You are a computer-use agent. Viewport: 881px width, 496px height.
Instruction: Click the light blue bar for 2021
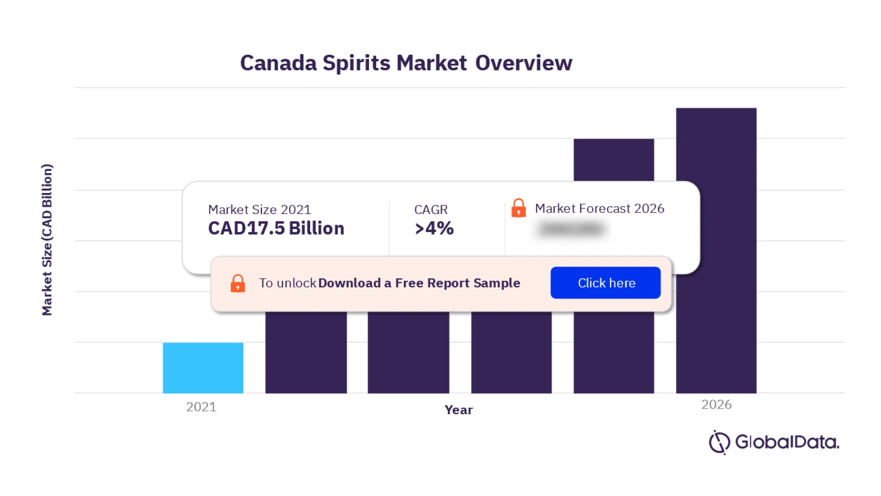pyautogui.click(x=203, y=367)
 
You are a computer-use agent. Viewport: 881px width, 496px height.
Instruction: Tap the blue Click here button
pyautogui.click(x=605, y=283)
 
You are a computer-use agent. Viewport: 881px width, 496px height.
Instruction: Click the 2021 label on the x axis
pyautogui.click(x=201, y=407)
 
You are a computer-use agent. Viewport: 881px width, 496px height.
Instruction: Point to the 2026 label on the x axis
pyautogui.click(x=716, y=405)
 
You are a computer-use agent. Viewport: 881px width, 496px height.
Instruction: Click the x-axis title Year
pyautogui.click(x=458, y=410)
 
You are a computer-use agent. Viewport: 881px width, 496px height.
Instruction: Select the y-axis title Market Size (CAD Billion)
pyautogui.click(x=47, y=240)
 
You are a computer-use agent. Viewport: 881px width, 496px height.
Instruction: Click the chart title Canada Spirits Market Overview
pyautogui.click(x=406, y=63)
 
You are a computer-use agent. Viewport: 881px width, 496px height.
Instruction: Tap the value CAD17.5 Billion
pyautogui.click(x=276, y=228)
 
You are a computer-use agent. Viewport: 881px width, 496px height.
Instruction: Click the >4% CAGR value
pyautogui.click(x=434, y=228)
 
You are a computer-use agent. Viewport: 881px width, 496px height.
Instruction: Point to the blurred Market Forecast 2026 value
pyautogui.click(x=571, y=229)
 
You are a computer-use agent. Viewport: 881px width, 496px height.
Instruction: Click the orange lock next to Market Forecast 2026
pyautogui.click(x=519, y=208)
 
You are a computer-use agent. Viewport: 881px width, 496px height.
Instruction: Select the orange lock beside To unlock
pyautogui.click(x=238, y=283)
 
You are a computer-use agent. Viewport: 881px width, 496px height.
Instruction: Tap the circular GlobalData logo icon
pyautogui.click(x=719, y=442)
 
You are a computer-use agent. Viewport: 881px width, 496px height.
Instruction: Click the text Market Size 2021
pyautogui.click(x=259, y=209)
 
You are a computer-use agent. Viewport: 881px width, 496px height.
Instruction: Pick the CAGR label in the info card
pyautogui.click(x=430, y=209)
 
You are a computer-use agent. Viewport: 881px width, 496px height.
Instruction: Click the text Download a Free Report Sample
pyautogui.click(x=419, y=283)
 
